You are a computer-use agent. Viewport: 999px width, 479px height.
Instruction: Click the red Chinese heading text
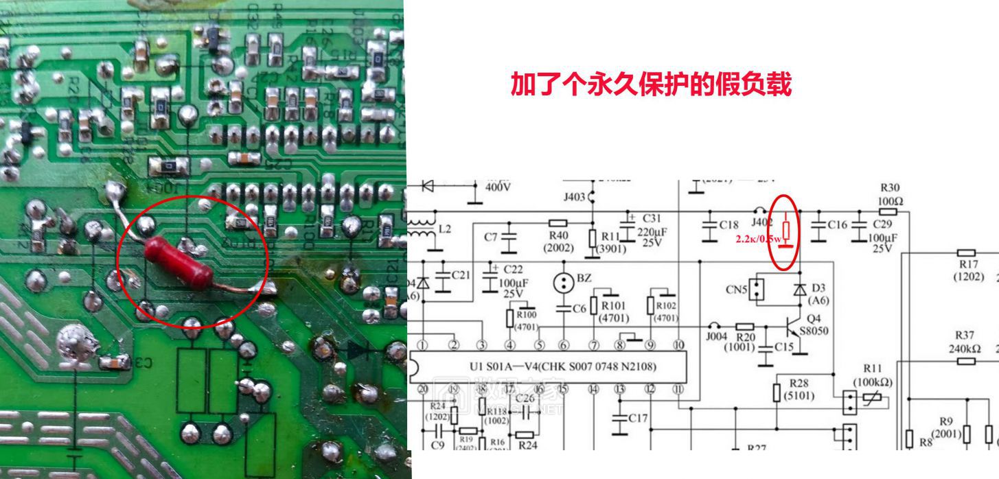[x=650, y=84]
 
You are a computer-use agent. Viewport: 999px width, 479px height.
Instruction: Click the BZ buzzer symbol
[x=564, y=281]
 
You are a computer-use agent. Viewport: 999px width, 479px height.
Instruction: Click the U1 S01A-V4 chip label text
[x=562, y=366]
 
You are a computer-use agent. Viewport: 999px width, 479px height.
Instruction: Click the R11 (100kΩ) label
[x=872, y=375]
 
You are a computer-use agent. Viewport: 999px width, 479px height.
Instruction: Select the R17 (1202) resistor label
[x=968, y=270]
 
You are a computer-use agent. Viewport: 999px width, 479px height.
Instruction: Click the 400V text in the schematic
[x=498, y=186]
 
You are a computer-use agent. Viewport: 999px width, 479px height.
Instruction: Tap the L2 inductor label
[x=445, y=229]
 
